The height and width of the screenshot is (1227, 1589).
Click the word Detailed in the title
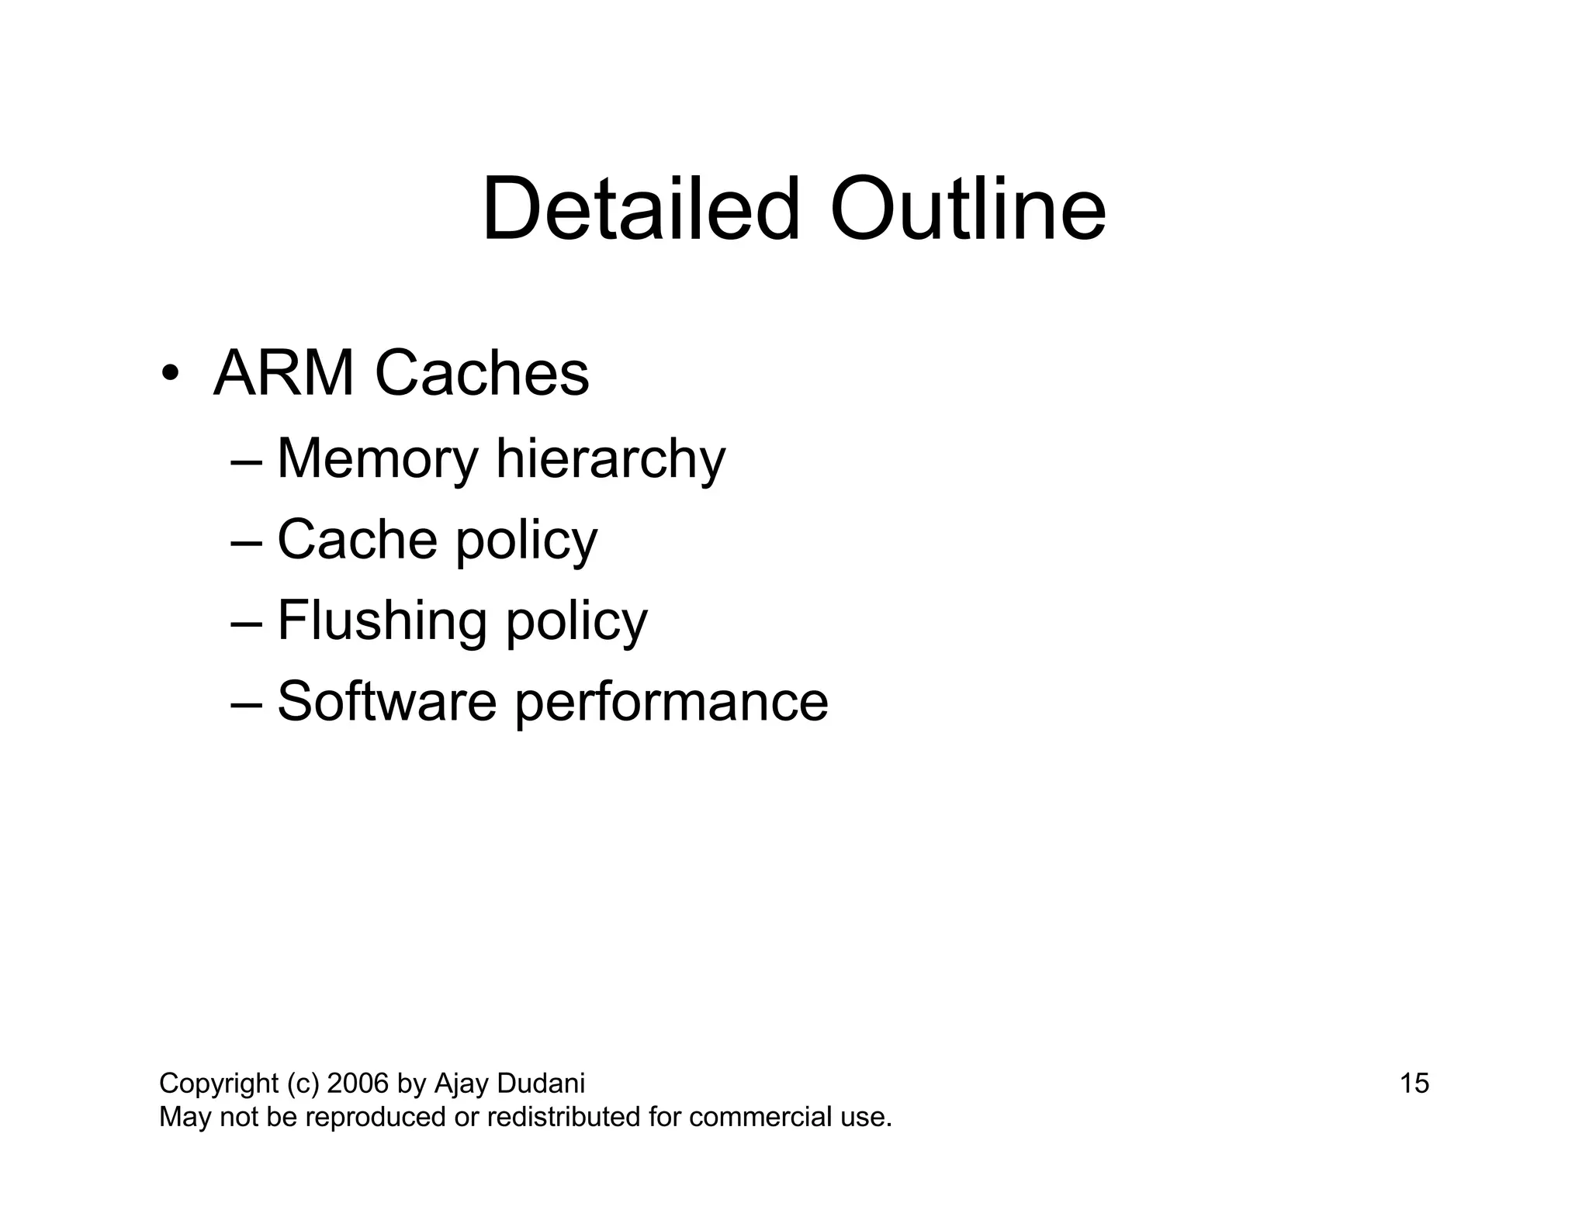point(640,209)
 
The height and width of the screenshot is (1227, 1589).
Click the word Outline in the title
point(968,209)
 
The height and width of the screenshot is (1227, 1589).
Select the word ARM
point(284,374)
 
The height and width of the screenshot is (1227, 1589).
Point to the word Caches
point(482,374)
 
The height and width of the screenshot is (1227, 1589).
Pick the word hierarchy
point(611,459)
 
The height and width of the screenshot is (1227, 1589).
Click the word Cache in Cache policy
point(357,540)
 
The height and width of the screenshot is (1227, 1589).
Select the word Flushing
point(382,622)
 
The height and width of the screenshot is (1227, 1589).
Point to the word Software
point(386,702)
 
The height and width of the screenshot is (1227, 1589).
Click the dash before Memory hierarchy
point(248,461)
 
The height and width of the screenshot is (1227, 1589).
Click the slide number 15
point(1414,1084)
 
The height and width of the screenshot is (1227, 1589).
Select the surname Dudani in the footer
point(541,1084)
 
